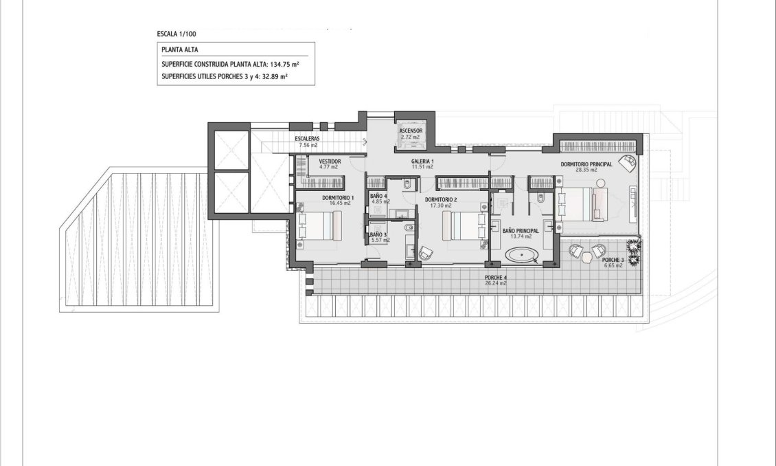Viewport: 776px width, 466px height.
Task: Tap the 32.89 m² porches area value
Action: (x=273, y=77)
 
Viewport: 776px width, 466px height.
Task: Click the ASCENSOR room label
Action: (x=411, y=131)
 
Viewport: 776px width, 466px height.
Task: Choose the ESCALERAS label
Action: (x=306, y=139)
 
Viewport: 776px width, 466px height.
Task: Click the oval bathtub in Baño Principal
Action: (x=523, y=256)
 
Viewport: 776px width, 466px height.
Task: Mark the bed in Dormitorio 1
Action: (x=320, y=225)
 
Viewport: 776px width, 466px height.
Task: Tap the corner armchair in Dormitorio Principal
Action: (x=626, y=162)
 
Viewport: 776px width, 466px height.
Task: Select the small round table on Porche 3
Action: (x=588, y=257)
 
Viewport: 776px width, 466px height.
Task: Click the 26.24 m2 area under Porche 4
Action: (x=496, y=282)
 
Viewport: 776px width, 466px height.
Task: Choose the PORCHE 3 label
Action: (x=613, y=260)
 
